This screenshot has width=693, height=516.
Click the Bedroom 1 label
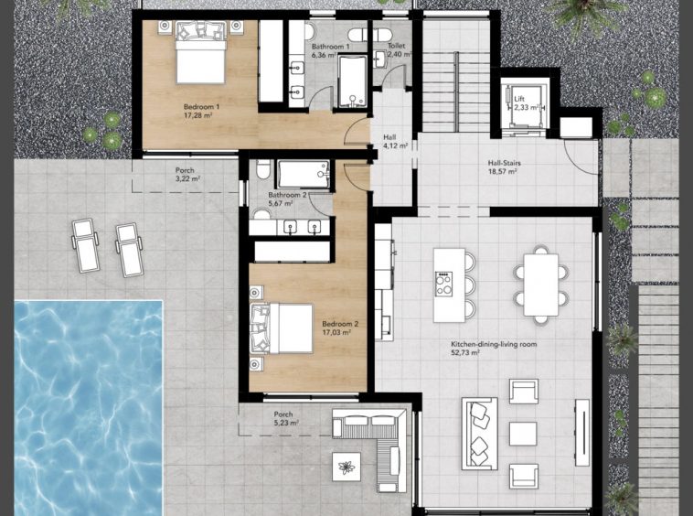click(201, 106)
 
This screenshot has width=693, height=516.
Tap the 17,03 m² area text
click(336, 332)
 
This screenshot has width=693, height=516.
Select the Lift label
click(519, 100)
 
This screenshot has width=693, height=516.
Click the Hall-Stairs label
click(505, 163)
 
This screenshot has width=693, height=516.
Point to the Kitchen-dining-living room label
click(494, 344)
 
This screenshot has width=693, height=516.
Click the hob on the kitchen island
click(443, 284)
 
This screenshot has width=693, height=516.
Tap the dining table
click(541, 285)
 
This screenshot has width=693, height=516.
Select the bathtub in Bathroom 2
click(304, 174)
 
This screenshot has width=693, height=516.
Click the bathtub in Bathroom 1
click(352, 81)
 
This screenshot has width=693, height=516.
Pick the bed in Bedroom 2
click(282, 328)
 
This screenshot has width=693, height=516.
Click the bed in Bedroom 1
click(201, 53)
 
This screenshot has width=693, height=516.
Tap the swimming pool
click(89, 408)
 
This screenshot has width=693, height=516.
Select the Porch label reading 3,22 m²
click(185, 170)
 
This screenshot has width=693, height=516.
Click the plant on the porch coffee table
click(346, 467)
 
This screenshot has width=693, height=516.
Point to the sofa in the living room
click(480, 434)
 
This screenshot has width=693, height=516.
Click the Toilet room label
click(397, 46)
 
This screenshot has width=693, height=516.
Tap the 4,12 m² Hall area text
click(395, 145)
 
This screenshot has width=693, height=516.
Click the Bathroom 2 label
click(287, 195)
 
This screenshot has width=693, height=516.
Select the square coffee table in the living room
click(523, 434)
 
